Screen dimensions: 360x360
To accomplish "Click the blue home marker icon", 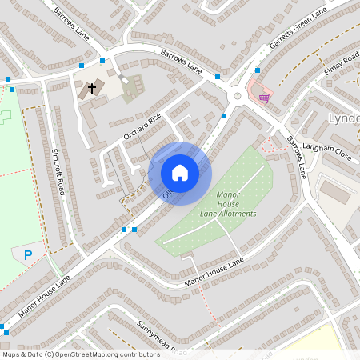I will [x=180, y=173].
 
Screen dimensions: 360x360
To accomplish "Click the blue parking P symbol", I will [x=28, y=255].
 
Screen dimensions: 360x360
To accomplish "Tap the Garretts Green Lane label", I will [x=299, y=31].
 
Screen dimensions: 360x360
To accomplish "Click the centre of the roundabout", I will [x=238, y=97].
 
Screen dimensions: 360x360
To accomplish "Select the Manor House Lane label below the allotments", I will [x=213, y=273].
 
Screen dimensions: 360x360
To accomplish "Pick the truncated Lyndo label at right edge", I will [x=344, y=118].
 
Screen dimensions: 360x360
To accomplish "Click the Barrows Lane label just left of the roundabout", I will [x=181, y=65].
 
